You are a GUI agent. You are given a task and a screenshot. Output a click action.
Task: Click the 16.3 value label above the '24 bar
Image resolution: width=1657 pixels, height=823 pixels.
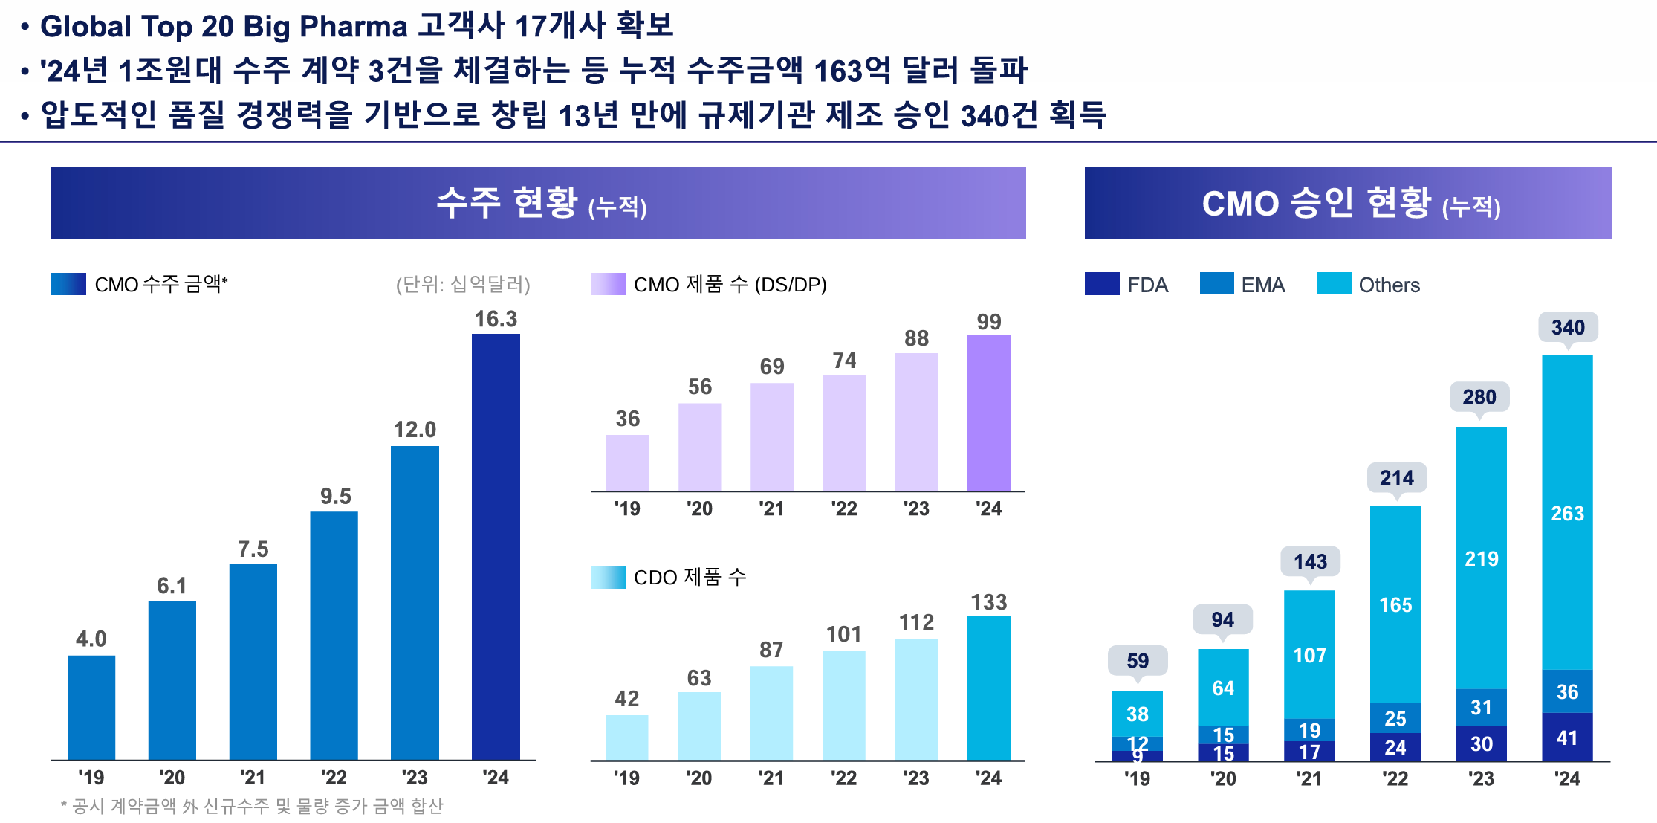(x=496, y=319)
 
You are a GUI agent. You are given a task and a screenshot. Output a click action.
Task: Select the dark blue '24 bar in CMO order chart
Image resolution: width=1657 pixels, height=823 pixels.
(x=496, y=546)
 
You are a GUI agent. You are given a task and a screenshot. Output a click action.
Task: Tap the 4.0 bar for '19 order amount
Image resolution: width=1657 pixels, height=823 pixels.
(x=91, y=707)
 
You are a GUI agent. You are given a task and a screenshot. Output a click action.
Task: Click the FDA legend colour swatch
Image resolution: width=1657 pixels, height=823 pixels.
(x=1101, y=284)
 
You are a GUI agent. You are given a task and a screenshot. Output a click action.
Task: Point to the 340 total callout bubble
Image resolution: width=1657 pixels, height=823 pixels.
(x=1568, y=327)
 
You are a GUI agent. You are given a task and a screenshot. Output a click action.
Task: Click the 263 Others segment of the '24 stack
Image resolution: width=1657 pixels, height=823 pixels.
(x=1567, y=513)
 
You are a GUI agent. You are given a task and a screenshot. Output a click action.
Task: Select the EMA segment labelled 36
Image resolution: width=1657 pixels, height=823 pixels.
(x=1567, y=691)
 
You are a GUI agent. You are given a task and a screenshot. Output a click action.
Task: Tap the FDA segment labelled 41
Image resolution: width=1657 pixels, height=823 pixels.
(x=1567, y=738)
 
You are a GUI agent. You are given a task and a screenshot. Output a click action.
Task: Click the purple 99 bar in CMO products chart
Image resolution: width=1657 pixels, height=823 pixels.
(x=988, y=413)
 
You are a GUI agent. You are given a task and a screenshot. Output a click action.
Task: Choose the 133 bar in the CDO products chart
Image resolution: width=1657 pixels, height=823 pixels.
(x=988, y=688)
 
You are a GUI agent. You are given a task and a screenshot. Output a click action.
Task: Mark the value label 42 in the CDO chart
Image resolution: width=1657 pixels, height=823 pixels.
(x=626, y=699)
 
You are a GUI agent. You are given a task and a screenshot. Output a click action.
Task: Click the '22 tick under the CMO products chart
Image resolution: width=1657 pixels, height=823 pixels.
(x=843, y=509)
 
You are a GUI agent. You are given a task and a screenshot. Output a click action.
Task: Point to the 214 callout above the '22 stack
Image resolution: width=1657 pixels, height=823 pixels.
(x=1396, y=478)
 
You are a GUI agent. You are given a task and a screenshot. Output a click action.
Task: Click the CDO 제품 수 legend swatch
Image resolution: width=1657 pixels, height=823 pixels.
(x=607, y=577)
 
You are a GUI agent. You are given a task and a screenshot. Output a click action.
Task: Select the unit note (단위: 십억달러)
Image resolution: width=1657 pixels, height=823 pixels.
(x=463, y=284)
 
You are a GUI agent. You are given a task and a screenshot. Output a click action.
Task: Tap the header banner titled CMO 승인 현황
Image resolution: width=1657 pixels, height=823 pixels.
(x=1348, y=203)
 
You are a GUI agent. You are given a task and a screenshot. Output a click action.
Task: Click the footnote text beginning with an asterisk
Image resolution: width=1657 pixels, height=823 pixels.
(x=252, y=806)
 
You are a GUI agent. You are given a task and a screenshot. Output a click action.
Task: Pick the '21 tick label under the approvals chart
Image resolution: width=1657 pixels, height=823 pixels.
(x=1309, y=778)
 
